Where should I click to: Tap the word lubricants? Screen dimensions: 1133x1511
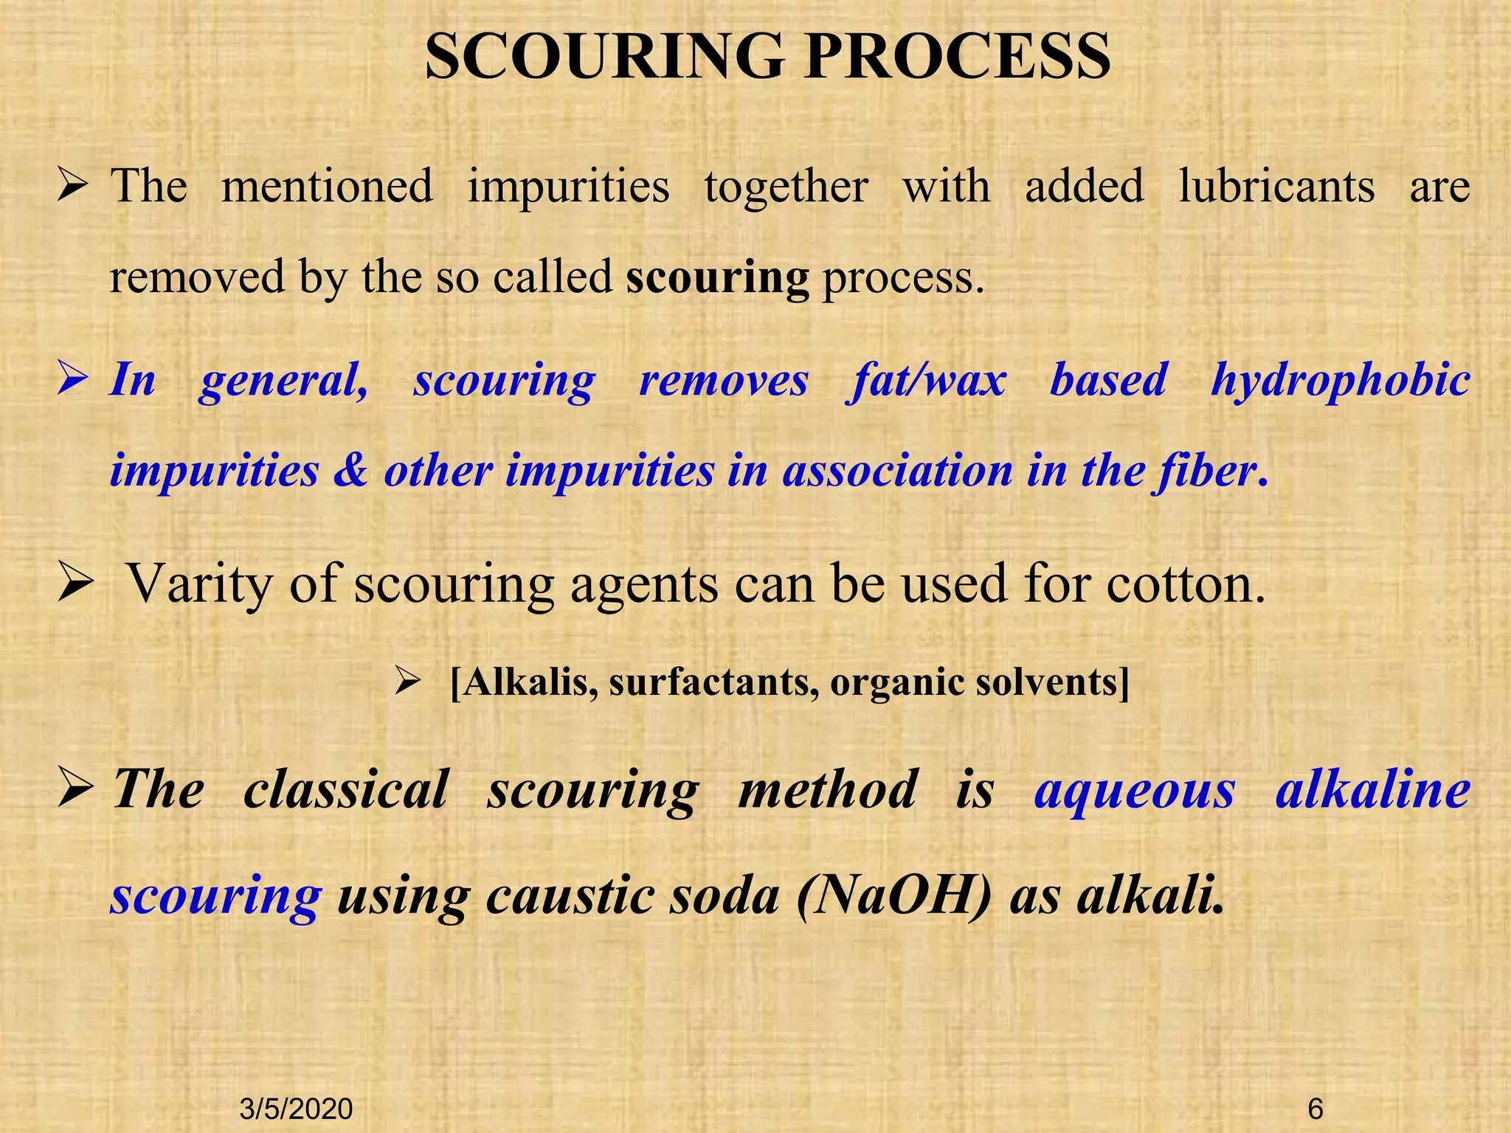[x=1276, y=186]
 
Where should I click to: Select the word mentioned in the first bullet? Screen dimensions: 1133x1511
[x=327, y=186]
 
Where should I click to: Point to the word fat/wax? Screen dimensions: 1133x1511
[x=927, y=381]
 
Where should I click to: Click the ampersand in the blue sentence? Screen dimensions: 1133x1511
[x=350, y=471]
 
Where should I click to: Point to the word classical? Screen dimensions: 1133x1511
[x=345, y=789]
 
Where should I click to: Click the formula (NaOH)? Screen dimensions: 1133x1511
[x=894, y=896]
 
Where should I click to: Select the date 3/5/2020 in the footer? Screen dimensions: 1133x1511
[x=297, y=1109]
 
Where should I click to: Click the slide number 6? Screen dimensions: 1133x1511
[x=1315, y=1109]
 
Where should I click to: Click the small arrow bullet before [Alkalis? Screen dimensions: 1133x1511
[x=407, y=682]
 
